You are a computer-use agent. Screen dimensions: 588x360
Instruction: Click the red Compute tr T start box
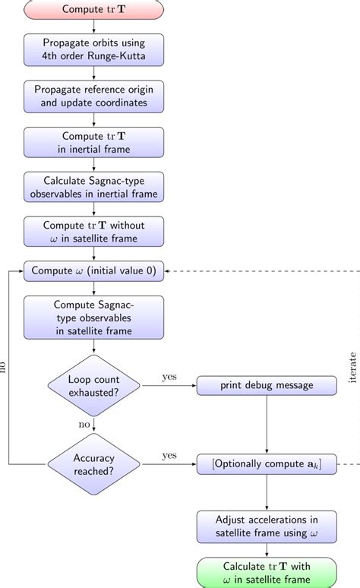pyautogui.click(x=93, y=10)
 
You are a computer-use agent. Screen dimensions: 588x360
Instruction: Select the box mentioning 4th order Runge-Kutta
pyautogui.click(x=93, y=49)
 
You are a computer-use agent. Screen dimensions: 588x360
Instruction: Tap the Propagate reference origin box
pyautogui.click(x=93, y=95)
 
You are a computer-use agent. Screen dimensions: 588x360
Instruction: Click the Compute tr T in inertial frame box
pyautogui.click(x=93, y=141)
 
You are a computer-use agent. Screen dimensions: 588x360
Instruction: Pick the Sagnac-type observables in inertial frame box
pyautogui.click(x=93, y=186)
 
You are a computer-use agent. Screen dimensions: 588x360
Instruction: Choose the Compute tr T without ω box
pyautogui.click(x=93, y=232)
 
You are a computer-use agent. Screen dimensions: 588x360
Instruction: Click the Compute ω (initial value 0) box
pyautogui.click(x=93, y=271)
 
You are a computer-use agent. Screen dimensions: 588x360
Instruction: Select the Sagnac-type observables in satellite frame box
pyautogui.click(x=93, y=318)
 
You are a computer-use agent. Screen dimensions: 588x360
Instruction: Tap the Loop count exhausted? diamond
pyautogui.click(x=93, y=385)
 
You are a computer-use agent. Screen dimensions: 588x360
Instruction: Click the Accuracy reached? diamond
pyautogui.click(x=93, y=463)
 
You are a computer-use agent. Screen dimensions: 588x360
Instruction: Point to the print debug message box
pyautogui.click(x=267, y=385)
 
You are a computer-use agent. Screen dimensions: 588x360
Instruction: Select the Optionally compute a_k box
pyautogui.click(x=267, y=463)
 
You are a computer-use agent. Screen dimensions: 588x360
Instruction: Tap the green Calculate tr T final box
pyautogui.click(x=267, y=571)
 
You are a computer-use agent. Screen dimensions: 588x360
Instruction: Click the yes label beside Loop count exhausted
pyautogui.click(x=169, y=376)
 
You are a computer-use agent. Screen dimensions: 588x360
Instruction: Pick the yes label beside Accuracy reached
pyautogui.click(x=169, y=454)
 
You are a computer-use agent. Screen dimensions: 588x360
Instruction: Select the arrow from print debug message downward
pyautogui.click(x=267, y=425)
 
